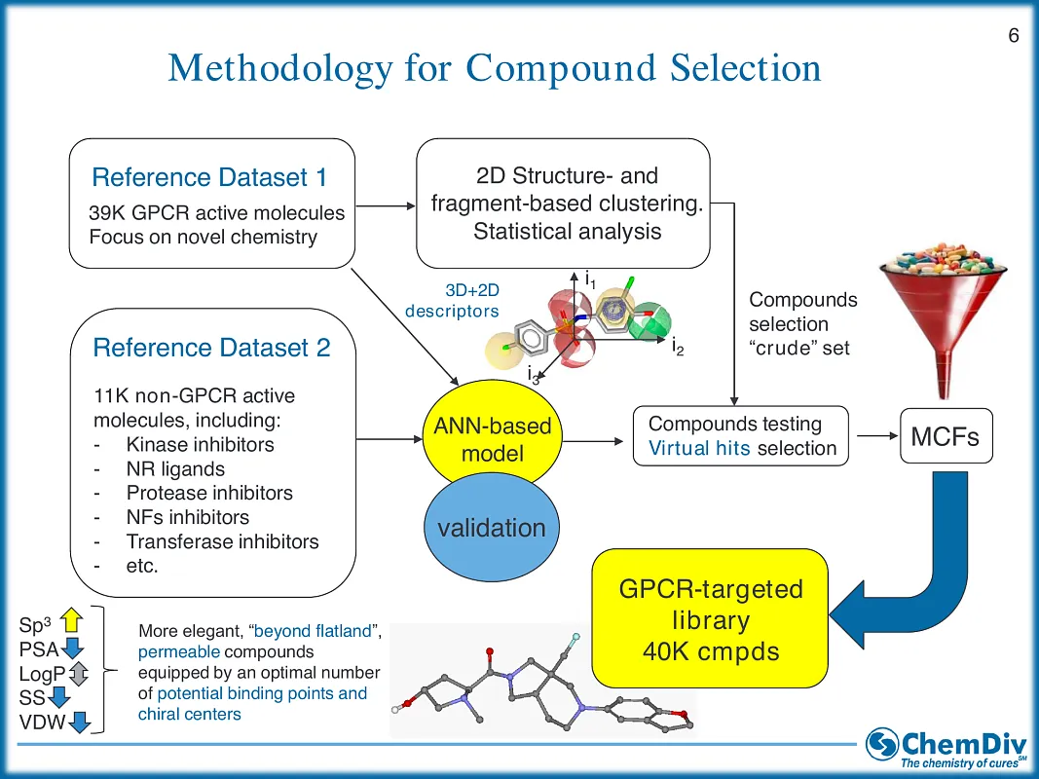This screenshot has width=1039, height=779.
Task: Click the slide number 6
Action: click(x=1014, y=36)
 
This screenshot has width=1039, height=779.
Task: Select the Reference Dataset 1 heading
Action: click(x=209, y=177)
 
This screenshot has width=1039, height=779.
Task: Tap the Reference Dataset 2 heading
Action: click(x=211, y=348)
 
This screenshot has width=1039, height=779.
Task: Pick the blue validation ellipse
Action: click(x=492, y=529)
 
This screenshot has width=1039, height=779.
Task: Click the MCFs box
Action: click(x=945, y=436)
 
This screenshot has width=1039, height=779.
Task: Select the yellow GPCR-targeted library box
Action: click(x=710, y=619)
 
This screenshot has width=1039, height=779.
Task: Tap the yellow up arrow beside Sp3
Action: click(x=71, y=620)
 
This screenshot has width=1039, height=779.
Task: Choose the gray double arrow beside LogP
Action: click(x=80, y=673)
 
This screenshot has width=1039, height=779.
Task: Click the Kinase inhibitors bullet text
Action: click(x=200, y=445)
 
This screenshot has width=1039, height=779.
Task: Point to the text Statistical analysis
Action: click(x=567, y=232)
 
